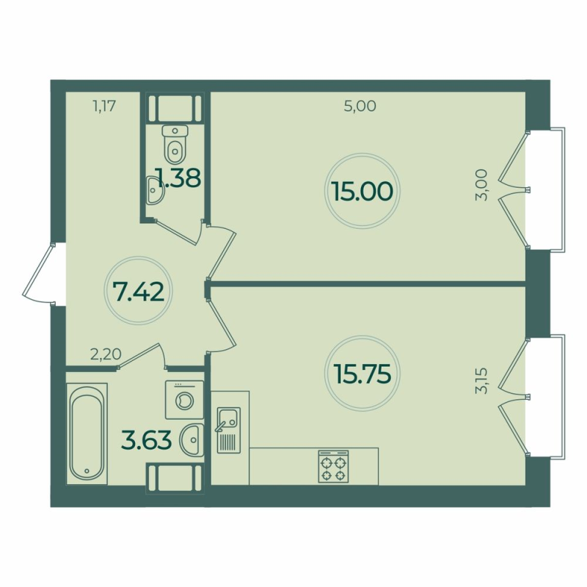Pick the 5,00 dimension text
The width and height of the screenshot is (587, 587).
[360, 106]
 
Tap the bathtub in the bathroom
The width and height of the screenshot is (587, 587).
[87, 433]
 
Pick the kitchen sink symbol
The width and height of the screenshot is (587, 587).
[227, 429]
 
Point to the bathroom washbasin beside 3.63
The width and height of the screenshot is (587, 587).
[191, 440]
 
